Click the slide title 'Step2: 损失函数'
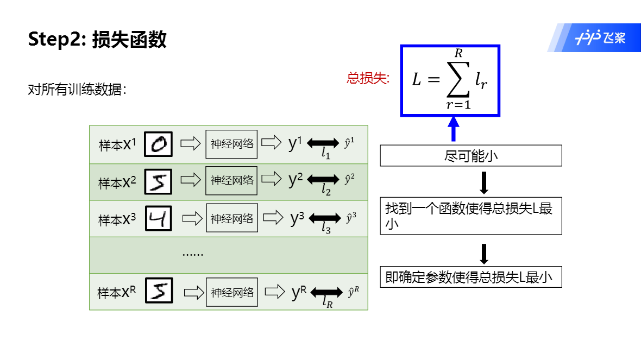(x=97, y=40)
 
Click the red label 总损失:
(x=368, y=78)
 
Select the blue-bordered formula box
(x=450, y=81)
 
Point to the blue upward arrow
(x=453, y=130)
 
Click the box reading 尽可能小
(x=470, y=156)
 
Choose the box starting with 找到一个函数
(x=470, y=216)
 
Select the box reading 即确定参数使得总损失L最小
(x=470, y=277)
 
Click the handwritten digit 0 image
(x=159, y=145)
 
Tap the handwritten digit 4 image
(x=159, y=219)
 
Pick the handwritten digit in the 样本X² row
(x=159, y=182)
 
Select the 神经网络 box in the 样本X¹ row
(x=231, y=144)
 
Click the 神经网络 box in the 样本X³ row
(x=231, y=219)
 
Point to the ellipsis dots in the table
(x=192, y=254)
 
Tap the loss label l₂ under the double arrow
(x=326, y=190)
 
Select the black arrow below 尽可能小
(x=485, y=183)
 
